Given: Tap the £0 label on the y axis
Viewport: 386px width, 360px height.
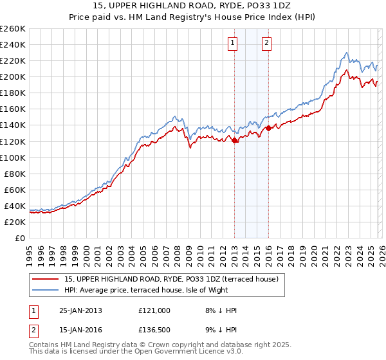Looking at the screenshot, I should coord(21,238).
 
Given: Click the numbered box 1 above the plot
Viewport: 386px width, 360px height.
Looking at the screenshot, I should coord(232,44).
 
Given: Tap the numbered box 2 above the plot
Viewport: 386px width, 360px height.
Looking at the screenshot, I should coord(266,44).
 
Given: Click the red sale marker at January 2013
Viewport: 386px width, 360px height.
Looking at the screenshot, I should coord(235,141).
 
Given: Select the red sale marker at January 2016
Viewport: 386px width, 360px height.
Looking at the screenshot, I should coord(268,128).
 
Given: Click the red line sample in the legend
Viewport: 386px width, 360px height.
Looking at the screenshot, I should coord(46,279).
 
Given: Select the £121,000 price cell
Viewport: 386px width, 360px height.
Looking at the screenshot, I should coord(154,310).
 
